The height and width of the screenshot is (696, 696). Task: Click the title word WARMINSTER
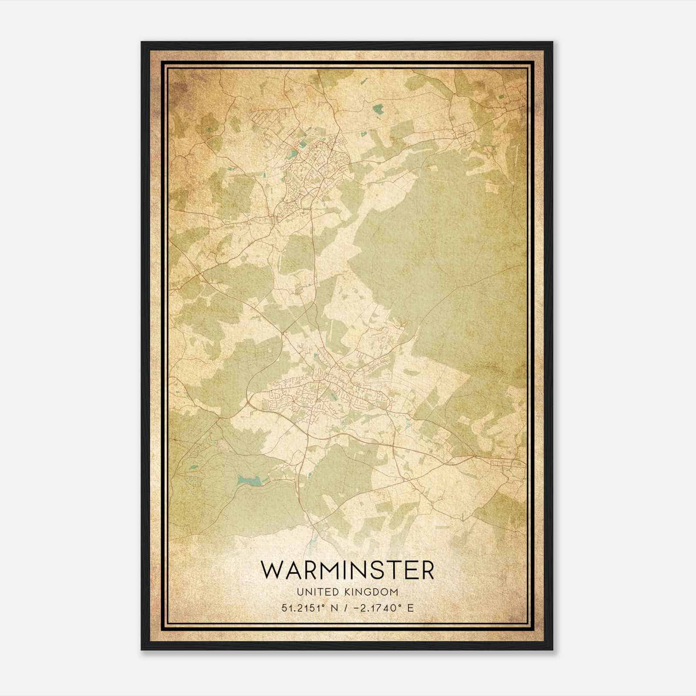click(x=347, y=570)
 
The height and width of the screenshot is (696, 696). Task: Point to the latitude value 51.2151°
click(x=305, y=608)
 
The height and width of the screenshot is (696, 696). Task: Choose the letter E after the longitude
click(x=410, y=608)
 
